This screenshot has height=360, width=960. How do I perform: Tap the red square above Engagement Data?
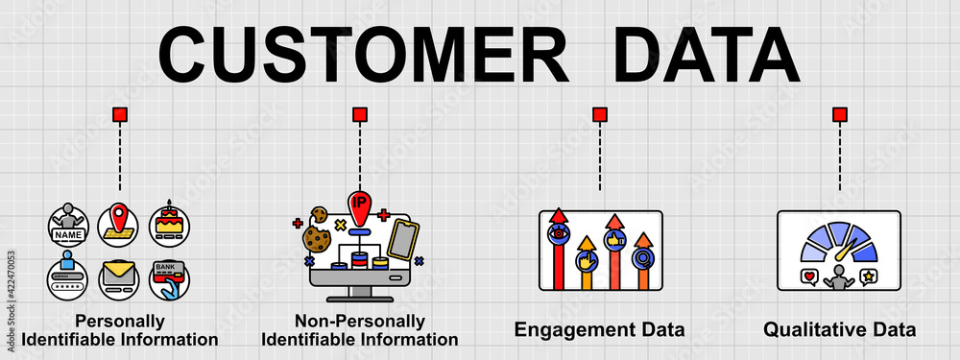click(x=600, y=115)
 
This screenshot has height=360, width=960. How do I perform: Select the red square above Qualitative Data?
click(x=840, y=115)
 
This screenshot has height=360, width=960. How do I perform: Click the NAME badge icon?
click(x=69, y=225)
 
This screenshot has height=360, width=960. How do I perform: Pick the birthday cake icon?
click(x=169, y=225)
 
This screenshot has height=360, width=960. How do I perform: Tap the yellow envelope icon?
click(x=119, y=279)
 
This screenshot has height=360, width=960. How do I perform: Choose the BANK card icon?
click(x=169, y=279)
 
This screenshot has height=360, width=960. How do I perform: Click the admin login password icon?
click(x=69, y=279)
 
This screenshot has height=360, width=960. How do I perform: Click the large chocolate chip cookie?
click(x=316, y=237)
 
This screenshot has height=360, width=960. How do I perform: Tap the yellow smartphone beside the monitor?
click(x=404, y=240)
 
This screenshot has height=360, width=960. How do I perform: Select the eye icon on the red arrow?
click(x=558, y=233)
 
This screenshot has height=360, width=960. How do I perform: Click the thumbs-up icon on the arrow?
click(x=613, y=239)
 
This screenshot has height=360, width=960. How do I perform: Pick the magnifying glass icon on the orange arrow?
click(x=641, y=257)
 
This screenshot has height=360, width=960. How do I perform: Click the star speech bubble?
click(x=868, y=277)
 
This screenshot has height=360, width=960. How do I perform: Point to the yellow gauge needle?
click(x=845, y=252)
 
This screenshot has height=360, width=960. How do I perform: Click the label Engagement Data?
click(x=600, y=330)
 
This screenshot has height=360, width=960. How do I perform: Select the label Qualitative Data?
click(x=840, y=330)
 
